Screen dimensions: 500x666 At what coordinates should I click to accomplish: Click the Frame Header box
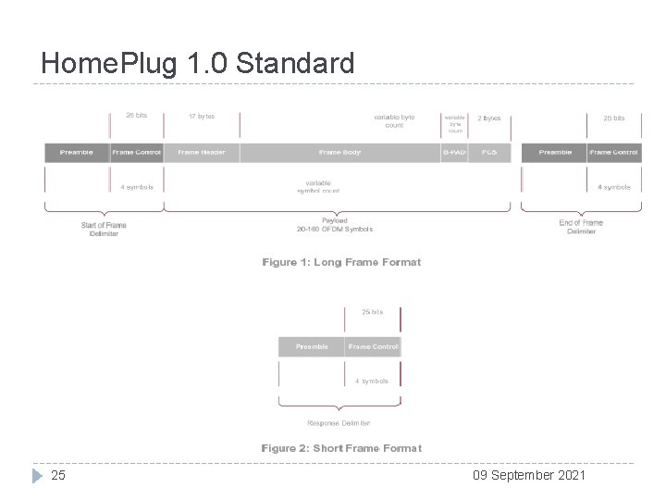point(201,152)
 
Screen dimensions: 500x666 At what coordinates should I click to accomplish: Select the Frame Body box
point(339,152)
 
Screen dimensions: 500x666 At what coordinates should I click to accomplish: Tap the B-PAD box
point(454,152)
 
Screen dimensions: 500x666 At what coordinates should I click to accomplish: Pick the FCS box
point(489,152)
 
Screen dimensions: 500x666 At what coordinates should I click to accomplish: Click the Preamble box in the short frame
point(312,346)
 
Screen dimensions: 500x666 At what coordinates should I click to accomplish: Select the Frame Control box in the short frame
point(373,346)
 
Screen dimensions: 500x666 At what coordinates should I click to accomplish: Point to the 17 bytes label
point(201,117)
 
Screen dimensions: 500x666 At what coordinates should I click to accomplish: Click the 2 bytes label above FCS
point(489,119)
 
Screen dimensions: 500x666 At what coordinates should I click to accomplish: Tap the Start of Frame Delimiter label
point(104,228)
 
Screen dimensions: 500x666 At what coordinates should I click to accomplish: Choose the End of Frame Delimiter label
point(581,227)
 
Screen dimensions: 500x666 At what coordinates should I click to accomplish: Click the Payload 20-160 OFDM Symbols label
point(335,225)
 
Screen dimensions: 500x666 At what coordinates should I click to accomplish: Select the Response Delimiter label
point(339,423)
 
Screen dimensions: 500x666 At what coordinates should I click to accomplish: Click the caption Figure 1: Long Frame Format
point(341,262)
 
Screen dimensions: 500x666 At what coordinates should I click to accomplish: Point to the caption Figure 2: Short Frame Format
point(341,448)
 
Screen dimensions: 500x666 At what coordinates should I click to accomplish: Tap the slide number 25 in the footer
point(58,475)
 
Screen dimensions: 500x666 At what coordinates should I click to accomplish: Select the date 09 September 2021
point(529,475)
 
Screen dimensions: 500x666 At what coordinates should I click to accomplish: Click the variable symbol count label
point(318,186)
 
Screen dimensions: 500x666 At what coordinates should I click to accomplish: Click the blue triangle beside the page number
point(37,475)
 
